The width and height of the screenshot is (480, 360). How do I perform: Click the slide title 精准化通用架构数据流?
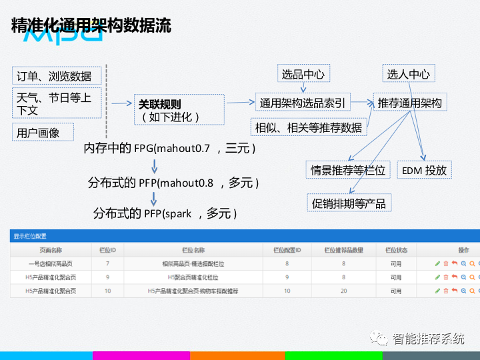(91, 25)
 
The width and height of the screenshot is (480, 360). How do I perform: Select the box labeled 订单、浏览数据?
(55, 76)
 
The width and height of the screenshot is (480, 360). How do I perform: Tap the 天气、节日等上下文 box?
(56, 103)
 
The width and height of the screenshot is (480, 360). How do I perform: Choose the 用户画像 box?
(41, 133)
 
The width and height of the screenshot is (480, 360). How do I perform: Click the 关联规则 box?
(169, 110)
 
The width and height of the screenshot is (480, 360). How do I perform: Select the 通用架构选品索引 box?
(303, 103)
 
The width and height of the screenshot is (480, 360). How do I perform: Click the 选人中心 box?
(408, 75)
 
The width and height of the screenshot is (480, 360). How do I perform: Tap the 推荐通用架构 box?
(409, 103)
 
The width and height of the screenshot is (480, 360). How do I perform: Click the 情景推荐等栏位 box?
(347, 170)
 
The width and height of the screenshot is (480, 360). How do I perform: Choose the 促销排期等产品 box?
(349, 203)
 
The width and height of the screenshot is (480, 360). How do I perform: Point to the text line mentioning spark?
(165, 213)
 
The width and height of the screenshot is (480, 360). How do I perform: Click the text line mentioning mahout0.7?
(170, 148)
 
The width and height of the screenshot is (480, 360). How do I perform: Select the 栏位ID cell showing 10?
(107, 291)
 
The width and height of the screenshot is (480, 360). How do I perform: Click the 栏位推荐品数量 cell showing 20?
(343, 291)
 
